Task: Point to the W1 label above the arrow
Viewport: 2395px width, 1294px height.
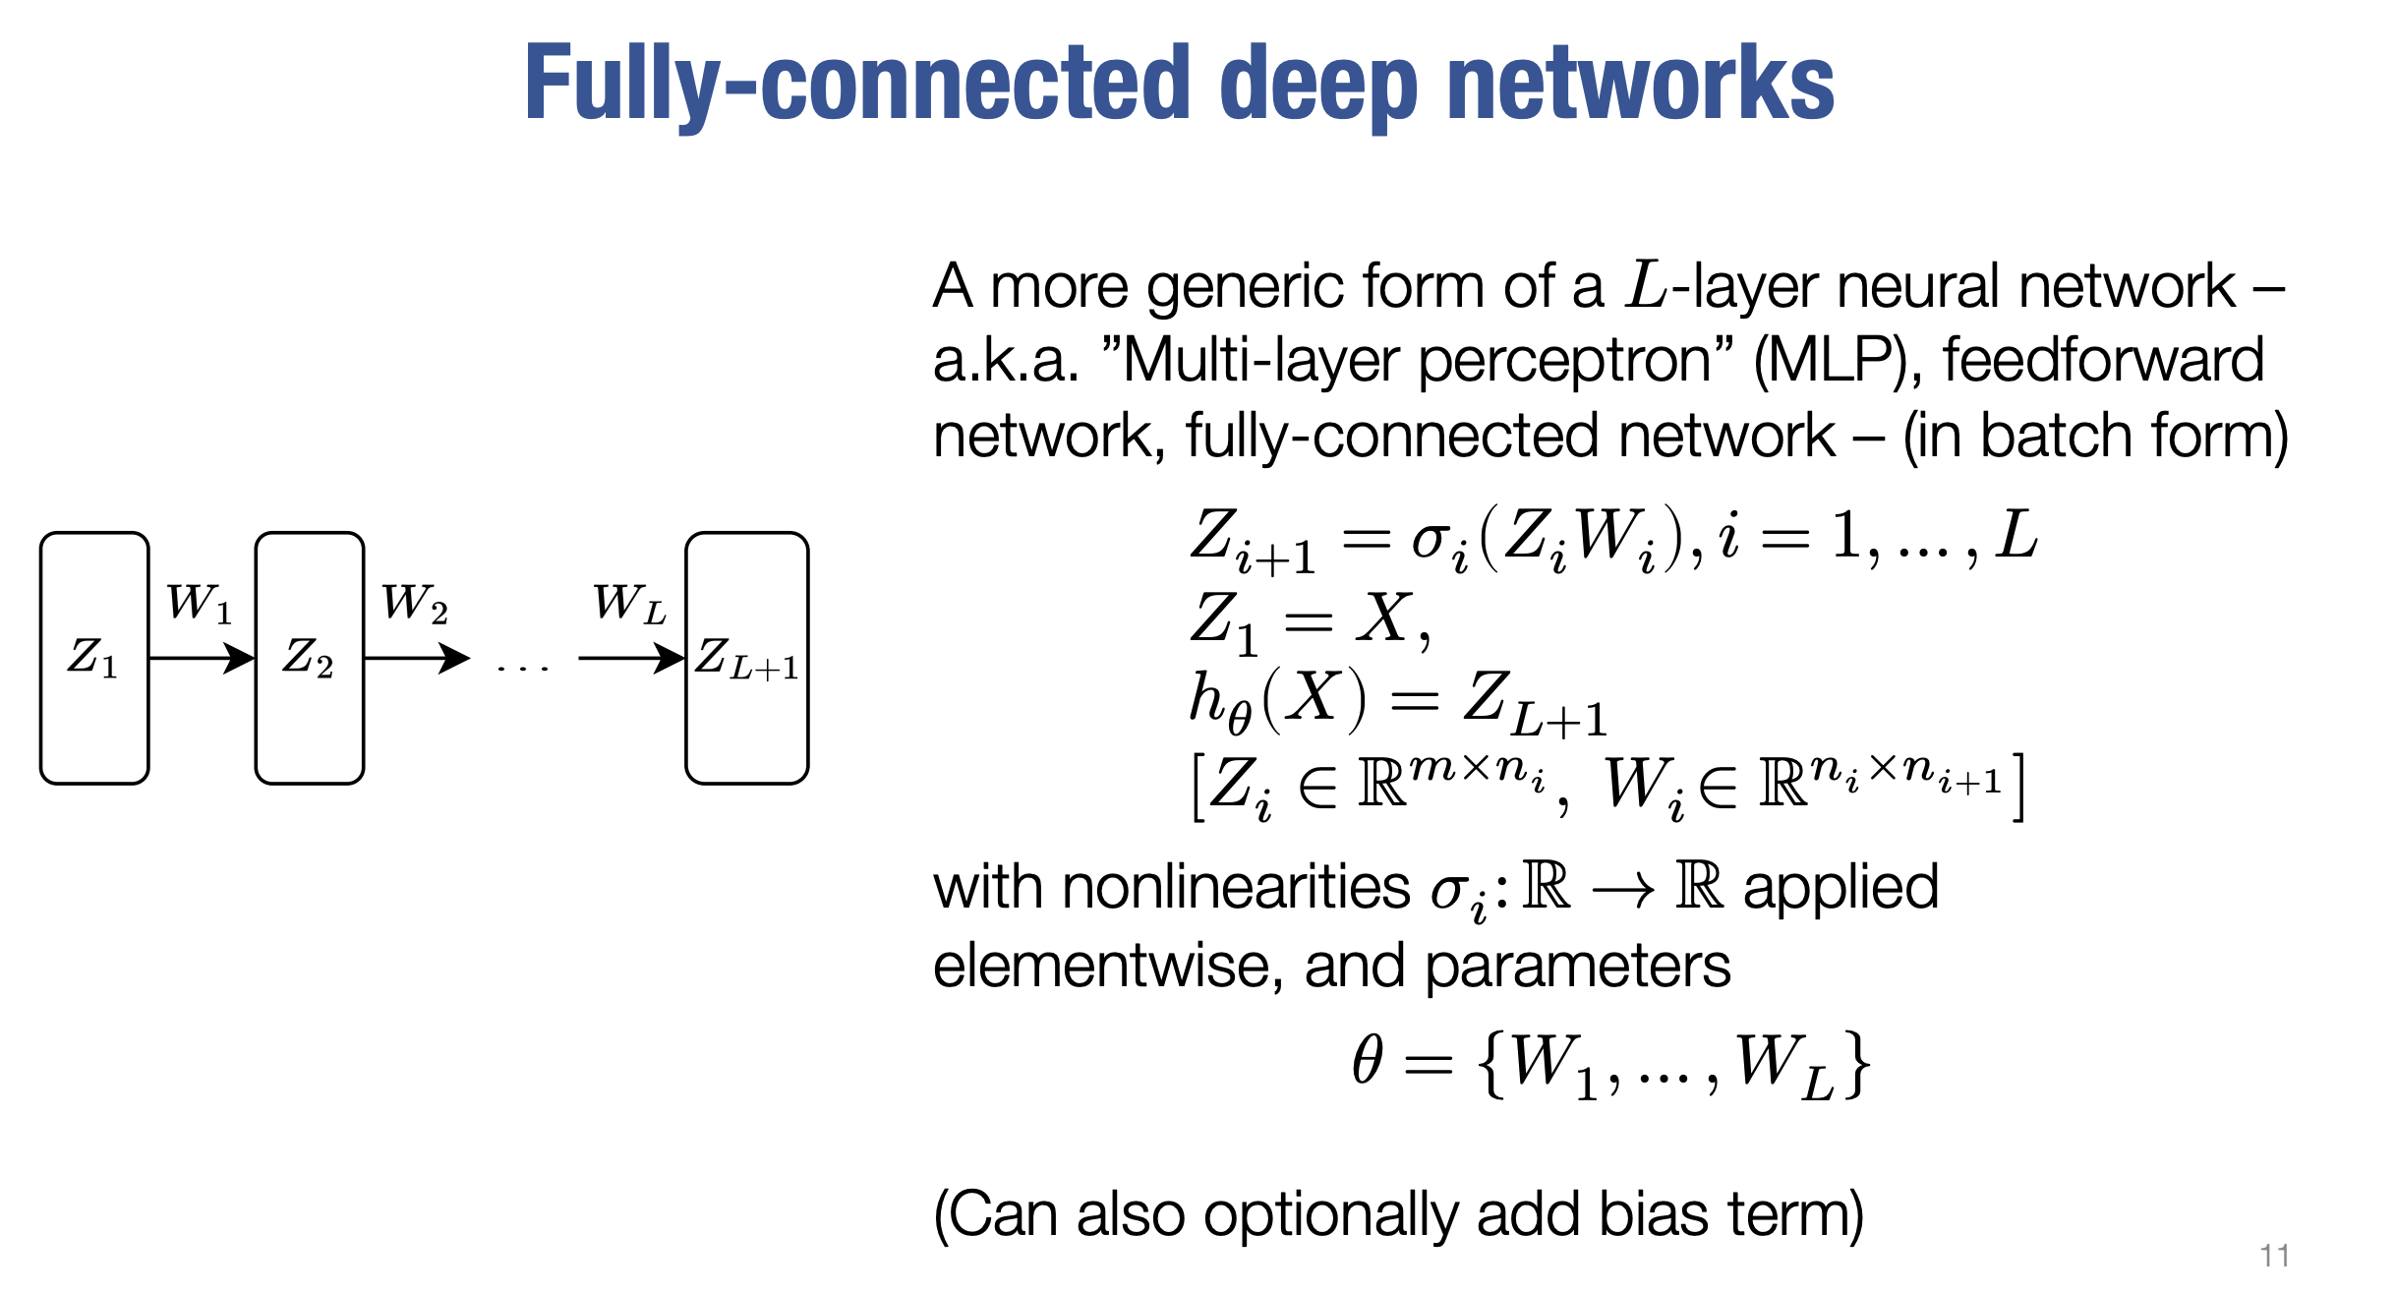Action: point(199,603)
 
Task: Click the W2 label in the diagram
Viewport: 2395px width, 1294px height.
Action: point(414,603)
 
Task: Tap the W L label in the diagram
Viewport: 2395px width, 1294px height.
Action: point(629,603)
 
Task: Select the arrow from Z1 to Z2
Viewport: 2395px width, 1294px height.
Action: point(202,658)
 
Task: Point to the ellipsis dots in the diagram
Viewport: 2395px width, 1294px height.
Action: point(523,669)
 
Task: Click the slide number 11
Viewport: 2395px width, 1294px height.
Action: point(2274,1256)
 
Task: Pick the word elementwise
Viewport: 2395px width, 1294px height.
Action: point(1107,966)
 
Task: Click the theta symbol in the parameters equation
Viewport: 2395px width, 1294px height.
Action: point(1368,1061)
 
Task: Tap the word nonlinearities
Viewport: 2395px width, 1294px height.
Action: point(1235,887)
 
